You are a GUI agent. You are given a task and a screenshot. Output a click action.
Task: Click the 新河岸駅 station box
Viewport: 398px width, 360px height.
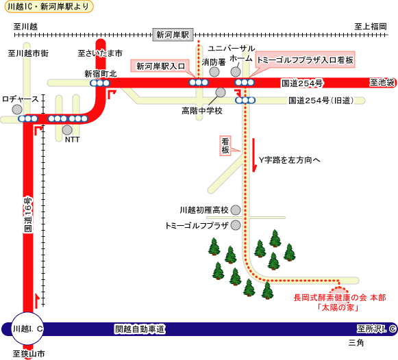point(173,35)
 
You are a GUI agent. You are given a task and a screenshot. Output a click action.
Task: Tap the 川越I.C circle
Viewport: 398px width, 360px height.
point(27,329)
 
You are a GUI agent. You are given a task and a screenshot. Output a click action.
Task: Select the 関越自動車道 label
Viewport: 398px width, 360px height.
point(140,329)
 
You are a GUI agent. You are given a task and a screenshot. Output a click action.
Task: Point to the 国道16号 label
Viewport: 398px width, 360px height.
point(28,214)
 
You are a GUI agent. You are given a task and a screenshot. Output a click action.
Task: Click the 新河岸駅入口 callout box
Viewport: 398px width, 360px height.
point(160,66)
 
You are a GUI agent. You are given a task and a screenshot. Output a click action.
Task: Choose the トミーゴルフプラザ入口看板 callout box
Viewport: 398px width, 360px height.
point(305,60)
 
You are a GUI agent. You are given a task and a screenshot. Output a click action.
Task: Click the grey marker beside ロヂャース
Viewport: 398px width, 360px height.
point(17,110)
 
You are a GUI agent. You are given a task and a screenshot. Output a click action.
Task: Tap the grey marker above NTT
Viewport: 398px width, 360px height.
point(67,130)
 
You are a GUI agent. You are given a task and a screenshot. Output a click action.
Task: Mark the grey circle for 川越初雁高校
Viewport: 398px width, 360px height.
point(236,210)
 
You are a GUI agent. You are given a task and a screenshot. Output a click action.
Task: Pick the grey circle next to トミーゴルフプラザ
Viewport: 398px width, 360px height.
point(236,225)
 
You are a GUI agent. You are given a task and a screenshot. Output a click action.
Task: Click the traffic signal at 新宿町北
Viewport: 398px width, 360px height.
point(100,83)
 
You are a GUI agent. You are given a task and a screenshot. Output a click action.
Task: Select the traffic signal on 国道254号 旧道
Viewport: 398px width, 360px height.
point(245,100)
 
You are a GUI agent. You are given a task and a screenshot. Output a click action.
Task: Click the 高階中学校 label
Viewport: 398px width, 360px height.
point(202,111)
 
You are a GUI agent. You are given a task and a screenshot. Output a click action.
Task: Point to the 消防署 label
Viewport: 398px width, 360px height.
point(214,62)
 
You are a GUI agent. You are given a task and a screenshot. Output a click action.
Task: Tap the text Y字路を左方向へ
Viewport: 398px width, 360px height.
point(289,160)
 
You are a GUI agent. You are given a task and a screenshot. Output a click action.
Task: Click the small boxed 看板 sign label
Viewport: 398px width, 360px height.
point(225,146)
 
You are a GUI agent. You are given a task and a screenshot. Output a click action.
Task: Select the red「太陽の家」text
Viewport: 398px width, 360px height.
point(338,307)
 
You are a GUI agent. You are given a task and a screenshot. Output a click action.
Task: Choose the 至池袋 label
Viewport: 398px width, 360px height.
point(382,83)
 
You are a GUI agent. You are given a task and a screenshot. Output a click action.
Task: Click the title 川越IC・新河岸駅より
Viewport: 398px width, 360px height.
point(49,7)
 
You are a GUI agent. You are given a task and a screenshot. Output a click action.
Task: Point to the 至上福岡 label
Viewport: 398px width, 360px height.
point(371,27)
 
